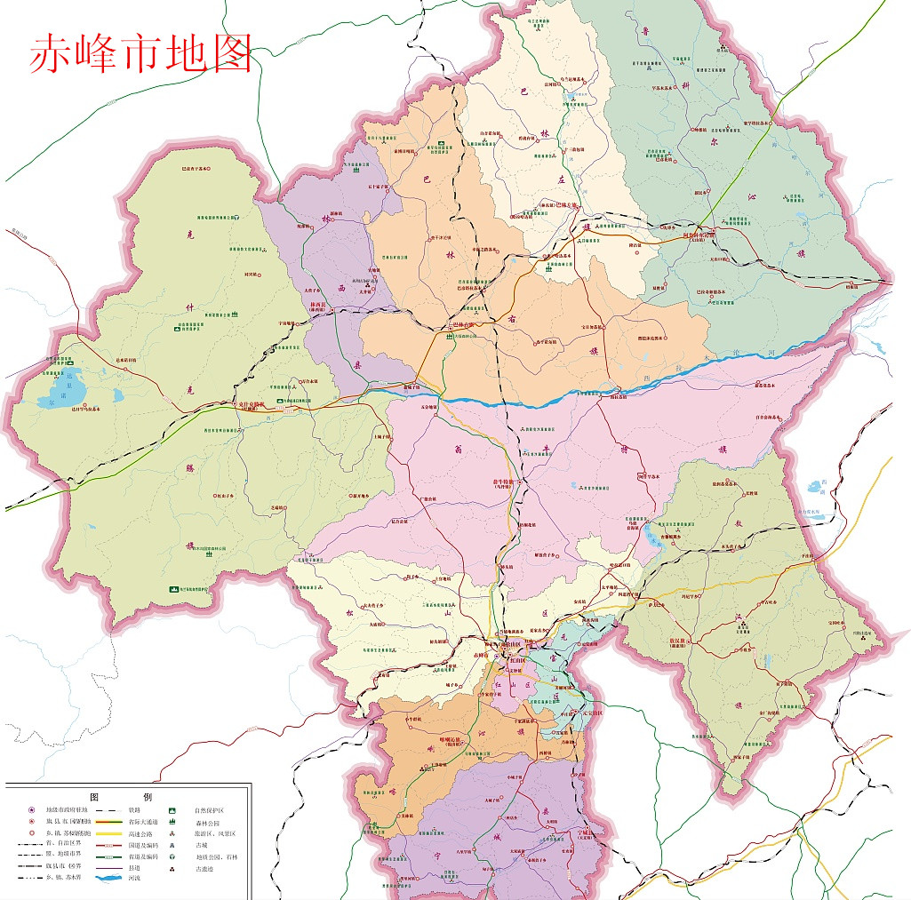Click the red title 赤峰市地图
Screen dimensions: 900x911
tap(141, 53)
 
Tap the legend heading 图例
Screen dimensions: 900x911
tap(128, 797)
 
